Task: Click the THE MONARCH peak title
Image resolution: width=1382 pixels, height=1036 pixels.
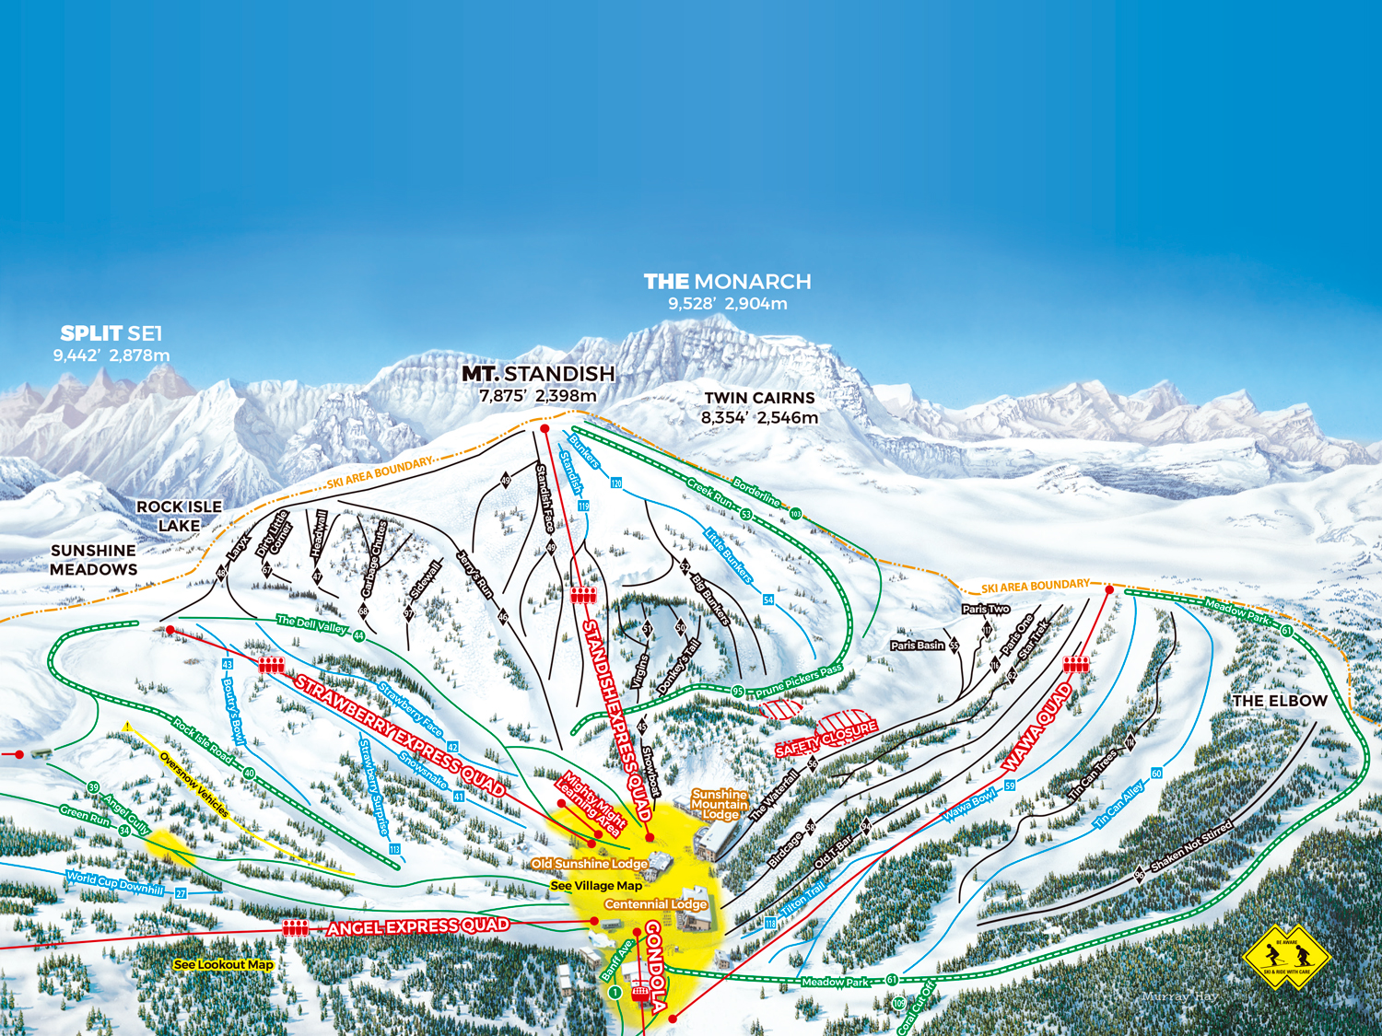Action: coord(727,282)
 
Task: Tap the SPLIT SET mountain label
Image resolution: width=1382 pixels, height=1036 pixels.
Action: coord(111,333)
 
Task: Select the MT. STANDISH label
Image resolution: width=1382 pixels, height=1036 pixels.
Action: coord(538,374)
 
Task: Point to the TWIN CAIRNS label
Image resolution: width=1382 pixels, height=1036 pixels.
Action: coord(759,398)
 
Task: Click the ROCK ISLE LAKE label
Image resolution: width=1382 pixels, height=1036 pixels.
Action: coord(179,517)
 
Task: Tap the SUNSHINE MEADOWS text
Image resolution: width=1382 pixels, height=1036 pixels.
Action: coord(94,560)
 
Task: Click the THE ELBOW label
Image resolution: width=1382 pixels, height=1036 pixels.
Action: coord(1280,701)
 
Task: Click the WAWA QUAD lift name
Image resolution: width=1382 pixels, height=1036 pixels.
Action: coord(1038,728)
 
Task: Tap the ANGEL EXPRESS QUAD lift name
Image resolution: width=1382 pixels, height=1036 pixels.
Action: coord(417,926)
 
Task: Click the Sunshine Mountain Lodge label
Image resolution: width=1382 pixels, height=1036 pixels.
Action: coord(720,804)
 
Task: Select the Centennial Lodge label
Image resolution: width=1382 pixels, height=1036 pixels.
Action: coord(656,904)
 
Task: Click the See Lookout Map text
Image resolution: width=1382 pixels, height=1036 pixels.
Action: coord(224,964)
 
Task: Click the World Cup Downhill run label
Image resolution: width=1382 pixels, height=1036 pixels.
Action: coord(115,883)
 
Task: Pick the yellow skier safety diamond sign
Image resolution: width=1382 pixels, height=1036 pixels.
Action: coord(1286,957)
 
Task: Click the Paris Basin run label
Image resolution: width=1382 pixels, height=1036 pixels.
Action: coord(918,646)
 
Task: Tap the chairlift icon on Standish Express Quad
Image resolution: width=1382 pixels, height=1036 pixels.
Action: coord(583,595)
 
